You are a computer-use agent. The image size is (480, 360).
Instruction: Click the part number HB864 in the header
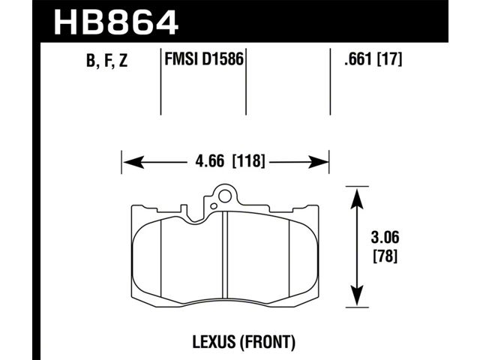coord(115,22)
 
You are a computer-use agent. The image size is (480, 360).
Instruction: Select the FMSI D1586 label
coord(204,58)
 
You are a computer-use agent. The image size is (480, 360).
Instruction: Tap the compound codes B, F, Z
coord(106,60)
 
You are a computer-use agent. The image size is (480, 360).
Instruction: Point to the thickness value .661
coord(358,58)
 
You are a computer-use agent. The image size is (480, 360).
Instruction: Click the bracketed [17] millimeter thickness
coord(389,58)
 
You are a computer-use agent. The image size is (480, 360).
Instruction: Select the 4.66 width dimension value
coord(210,161)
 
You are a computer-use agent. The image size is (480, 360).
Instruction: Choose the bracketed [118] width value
coord(248,161)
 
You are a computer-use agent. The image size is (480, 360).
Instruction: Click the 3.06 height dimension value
coord(385,238)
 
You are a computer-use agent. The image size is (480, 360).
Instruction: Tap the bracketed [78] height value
coord(385,256)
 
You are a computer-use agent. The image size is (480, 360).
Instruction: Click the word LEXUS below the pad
coord(214,342)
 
